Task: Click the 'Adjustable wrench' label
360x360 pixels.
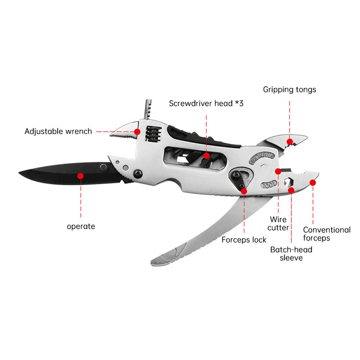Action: point(58,132)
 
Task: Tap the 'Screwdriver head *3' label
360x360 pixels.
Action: point(206,103)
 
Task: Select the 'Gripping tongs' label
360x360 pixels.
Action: point(289,90)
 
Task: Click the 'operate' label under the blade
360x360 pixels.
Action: point(81,227)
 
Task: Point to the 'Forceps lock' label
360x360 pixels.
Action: point(244,240)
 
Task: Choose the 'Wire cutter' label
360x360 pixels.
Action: point(278,223)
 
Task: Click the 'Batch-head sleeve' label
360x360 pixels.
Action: point(291,254)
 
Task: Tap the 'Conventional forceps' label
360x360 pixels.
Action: point(327,234)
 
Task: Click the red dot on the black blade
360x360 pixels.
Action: point(81,176)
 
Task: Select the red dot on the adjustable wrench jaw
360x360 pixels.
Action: point(137,132)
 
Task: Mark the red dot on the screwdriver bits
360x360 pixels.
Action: point(206,156)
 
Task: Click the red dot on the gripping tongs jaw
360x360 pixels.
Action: point(290,142)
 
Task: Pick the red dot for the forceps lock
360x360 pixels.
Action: point(244,191)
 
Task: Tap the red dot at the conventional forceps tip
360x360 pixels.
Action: point(312,182)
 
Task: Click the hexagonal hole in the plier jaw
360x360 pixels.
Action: point(288,182)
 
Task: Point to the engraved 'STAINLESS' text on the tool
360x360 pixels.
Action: point(262,157)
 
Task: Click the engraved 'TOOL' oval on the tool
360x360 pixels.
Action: point(269,184)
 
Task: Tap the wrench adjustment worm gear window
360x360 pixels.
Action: point(154,134)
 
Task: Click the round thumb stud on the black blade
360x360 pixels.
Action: point(103,167)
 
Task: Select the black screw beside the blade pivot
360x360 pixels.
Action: point(138,174)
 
